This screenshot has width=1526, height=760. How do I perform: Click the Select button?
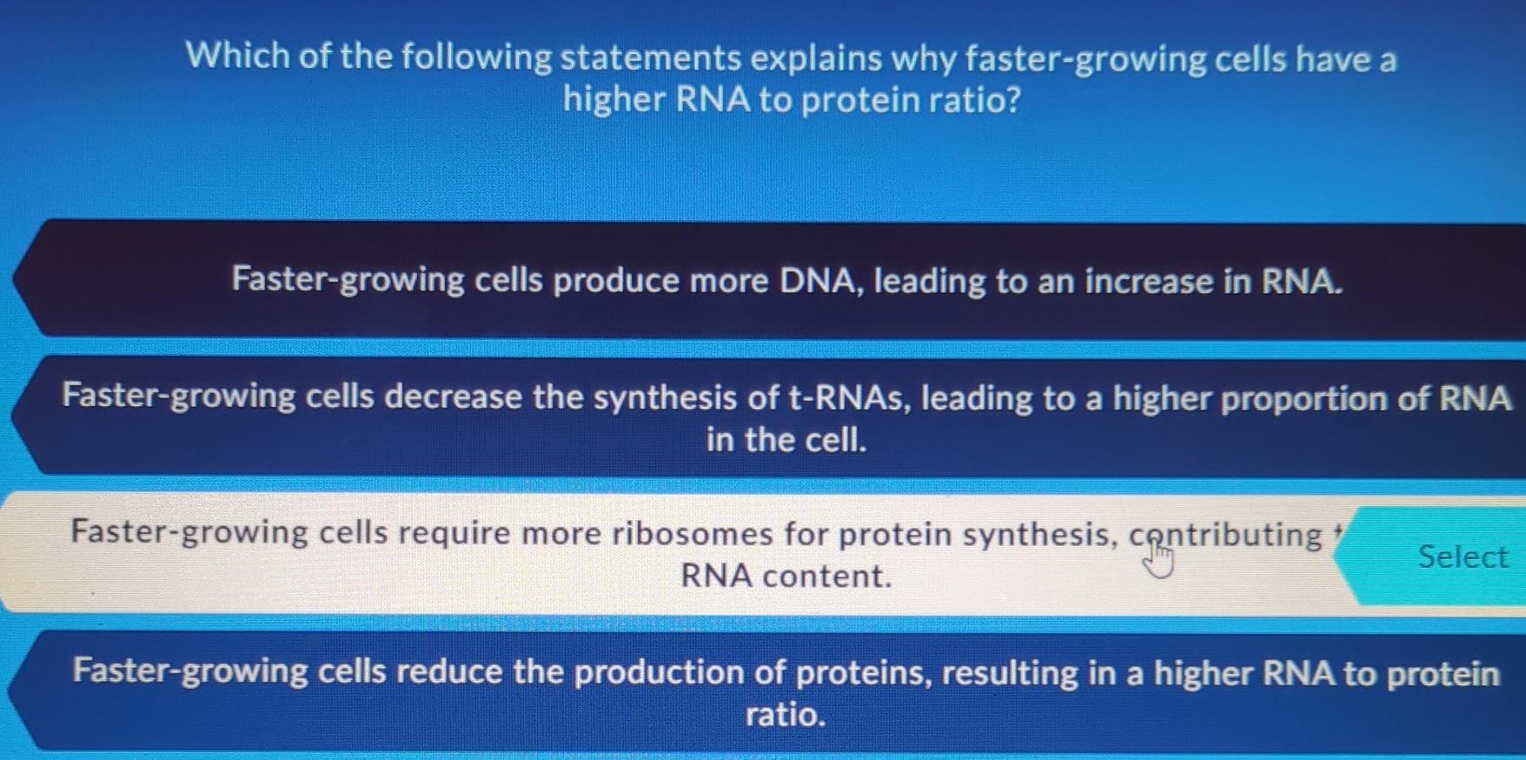(x=1462, y=557)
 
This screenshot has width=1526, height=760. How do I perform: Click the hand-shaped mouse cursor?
(x=1158, y=559)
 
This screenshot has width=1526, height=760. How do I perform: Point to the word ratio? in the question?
(x=974, y=100)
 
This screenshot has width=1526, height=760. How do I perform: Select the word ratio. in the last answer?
(x=786, y=715)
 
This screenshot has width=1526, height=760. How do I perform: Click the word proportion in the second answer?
(x=1304, y=399)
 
